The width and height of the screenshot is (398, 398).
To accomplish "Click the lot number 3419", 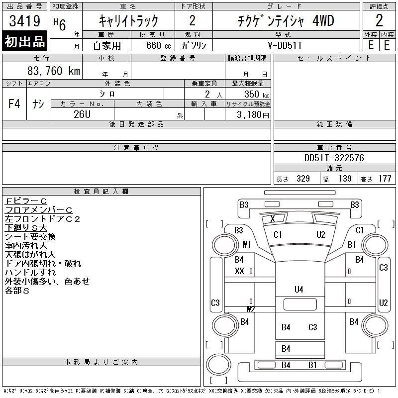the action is (24, 21).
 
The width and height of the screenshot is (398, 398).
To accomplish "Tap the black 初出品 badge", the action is (24, 41).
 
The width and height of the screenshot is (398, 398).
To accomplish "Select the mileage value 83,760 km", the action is (54, 71).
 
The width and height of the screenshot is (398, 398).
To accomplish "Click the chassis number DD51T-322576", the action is (334, 158).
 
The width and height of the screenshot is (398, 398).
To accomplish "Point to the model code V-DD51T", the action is (285, 45).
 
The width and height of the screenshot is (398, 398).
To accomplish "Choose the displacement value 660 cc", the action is (158, 45).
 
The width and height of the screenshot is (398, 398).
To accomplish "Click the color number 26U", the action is (82, 114).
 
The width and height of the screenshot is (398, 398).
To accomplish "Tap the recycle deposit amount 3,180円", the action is (253, 115).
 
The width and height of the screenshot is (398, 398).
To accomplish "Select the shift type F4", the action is (14, 103).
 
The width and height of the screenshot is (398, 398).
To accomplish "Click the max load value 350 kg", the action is (256, 94).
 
